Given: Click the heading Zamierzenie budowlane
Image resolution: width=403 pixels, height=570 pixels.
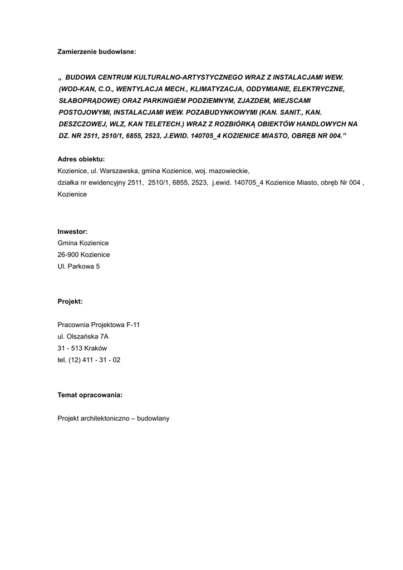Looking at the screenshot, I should (96, 52).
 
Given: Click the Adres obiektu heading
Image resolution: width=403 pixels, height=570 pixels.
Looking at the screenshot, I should (81, 159).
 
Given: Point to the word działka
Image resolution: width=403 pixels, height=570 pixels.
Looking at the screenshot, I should (69, 182).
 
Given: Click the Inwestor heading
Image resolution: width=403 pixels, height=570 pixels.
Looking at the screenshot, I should (72, 231).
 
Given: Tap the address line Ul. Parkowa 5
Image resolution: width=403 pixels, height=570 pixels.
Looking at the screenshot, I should (78, 266).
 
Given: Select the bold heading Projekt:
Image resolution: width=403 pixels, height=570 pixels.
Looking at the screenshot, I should (70, 301).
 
